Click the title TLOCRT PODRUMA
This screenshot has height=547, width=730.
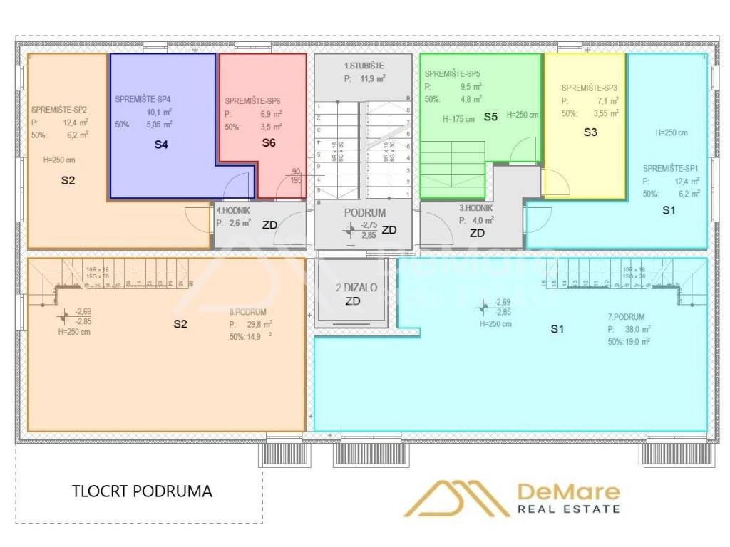coord(142,491)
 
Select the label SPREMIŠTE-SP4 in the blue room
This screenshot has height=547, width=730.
coord(143,99)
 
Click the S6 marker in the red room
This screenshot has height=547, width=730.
coord(269,142)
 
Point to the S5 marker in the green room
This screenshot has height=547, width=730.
coord(490,116)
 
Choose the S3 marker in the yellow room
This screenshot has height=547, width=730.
coord(590,132)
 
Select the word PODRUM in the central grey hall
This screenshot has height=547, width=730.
coord(365,213)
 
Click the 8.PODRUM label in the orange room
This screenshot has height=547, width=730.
coord(247,312)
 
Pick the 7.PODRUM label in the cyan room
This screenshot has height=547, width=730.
coord(627,317)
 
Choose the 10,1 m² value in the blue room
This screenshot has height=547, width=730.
coord(160,112)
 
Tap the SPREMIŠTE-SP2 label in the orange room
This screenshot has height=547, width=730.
coord(59,110)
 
